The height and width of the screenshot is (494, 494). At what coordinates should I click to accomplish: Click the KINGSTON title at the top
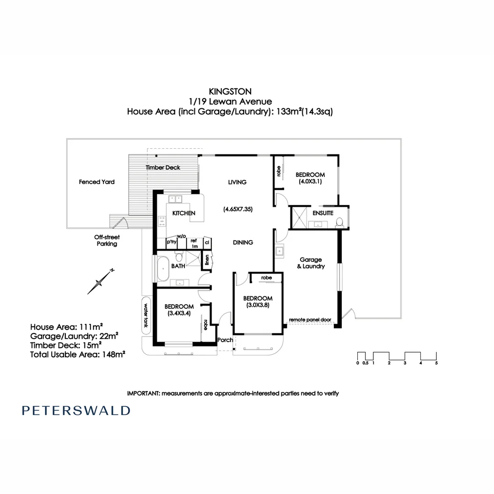230,91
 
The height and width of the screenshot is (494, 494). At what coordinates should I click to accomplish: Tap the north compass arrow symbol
101,282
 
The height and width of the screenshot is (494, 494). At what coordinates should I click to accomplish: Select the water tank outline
146,315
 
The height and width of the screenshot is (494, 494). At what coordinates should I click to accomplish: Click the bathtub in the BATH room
163,269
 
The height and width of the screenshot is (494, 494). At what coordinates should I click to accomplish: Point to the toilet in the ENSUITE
339,222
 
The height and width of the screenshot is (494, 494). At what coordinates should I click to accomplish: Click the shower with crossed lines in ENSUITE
299,217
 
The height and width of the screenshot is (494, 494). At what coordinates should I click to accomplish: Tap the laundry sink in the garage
279,251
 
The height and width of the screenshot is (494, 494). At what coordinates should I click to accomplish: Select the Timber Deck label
163,167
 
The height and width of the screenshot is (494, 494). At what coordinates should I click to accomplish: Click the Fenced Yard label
97,182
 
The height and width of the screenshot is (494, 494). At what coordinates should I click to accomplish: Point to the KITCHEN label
184,213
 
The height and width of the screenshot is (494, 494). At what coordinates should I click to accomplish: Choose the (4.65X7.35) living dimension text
238,209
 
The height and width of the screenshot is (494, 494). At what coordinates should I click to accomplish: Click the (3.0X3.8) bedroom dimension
258,305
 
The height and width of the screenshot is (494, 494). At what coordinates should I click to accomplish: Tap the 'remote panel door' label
310,320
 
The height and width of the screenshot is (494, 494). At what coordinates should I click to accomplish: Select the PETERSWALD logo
76,410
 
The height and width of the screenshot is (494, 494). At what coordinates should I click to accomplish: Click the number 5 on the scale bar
436,363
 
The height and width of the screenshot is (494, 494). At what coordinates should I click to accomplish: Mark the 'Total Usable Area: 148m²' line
77,354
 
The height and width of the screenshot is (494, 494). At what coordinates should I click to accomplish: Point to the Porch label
225,340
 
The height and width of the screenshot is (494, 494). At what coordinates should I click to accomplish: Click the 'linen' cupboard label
207,260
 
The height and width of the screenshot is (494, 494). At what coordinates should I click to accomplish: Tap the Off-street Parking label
107,241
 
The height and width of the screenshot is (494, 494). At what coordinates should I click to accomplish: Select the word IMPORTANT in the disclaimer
143,393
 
